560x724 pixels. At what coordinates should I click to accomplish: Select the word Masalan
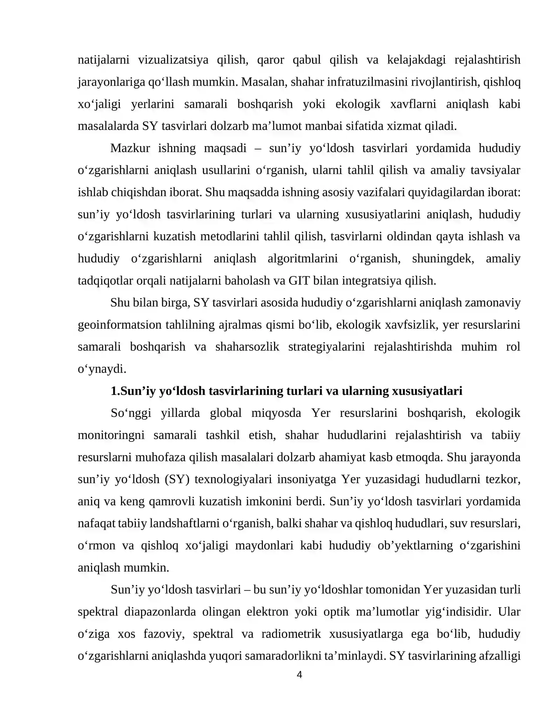coord(262,82)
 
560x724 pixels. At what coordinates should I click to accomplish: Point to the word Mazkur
coord(130,148)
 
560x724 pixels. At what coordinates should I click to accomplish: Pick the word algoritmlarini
coord(302,258)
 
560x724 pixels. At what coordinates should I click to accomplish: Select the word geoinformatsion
coord(120,325)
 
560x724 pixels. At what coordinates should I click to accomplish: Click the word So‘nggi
coord(131,413)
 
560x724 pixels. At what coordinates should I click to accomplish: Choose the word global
coord(225,413)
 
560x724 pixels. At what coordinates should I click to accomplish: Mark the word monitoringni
coord(111,435)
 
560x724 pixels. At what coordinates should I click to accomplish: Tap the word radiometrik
coord(291,634)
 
